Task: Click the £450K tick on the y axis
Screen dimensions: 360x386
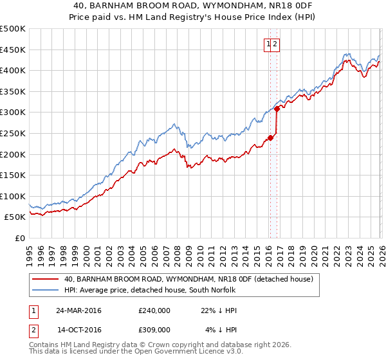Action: (13, 50)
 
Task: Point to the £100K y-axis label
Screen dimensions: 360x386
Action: (13, 196)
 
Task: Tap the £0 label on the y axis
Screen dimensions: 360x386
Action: (20, 238)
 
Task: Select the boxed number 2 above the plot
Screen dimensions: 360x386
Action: (275, 44)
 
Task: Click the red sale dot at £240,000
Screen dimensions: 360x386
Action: (270, 138)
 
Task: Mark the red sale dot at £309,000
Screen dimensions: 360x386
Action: (277, 109)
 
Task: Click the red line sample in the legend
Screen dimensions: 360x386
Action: (45, 279)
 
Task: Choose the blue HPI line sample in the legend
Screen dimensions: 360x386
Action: (45, 291)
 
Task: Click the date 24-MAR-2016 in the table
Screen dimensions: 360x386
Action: (79, 310)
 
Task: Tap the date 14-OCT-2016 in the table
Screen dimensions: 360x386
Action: (79, 329)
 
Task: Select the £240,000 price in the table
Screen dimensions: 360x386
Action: (154, 310)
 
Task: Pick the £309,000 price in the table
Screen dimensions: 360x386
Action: (154, 329)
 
